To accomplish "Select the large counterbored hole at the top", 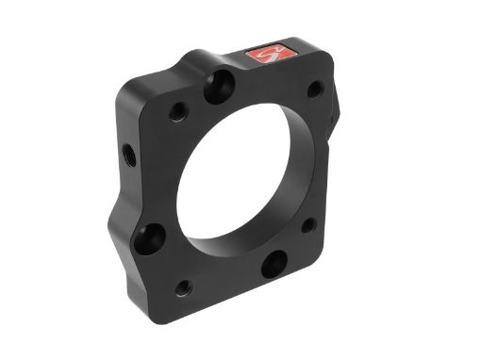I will pos(217,87).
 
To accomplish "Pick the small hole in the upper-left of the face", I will pos(178,112).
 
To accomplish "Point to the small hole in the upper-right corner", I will pos(315,90).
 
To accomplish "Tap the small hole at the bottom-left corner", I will pos(183,286).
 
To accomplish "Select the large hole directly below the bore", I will pos(274,263).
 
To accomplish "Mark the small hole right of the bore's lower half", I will pos(308,225).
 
